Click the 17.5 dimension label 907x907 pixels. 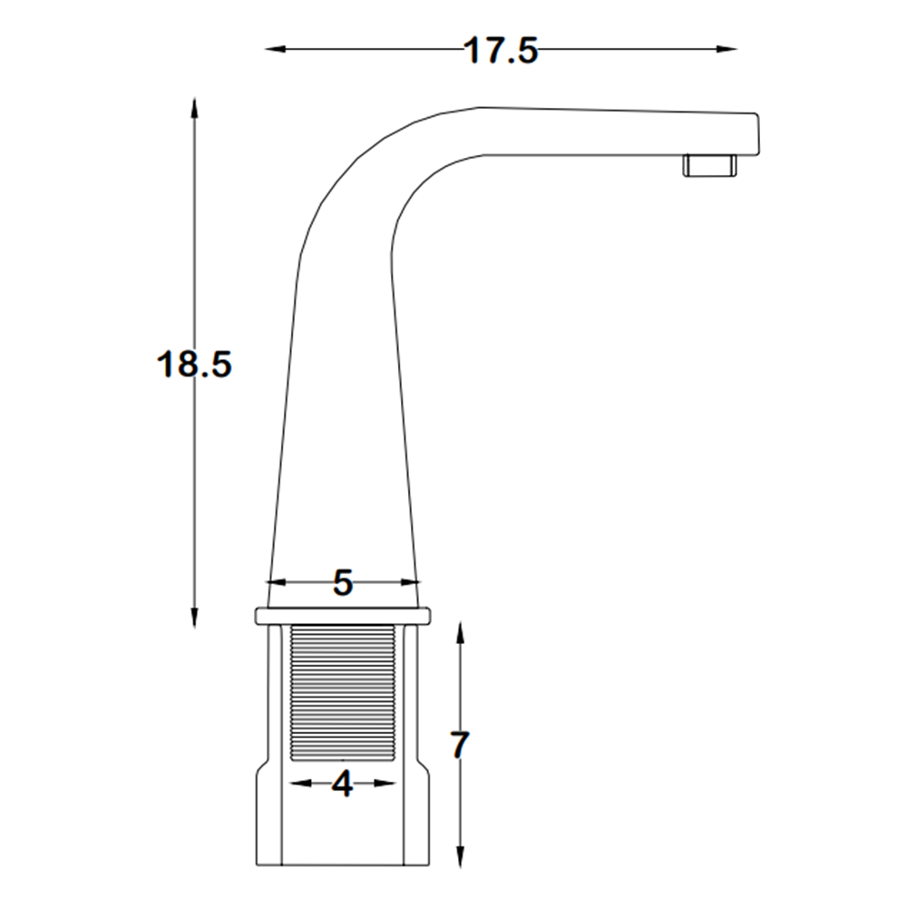[x=501, y=50]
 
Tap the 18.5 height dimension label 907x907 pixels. [x=194, y=365]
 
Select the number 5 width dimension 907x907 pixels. [x=343, y=582]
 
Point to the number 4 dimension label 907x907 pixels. [x=343, y=785]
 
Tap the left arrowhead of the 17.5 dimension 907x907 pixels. [x=276, y=49]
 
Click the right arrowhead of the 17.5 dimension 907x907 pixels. [x=727, y=49]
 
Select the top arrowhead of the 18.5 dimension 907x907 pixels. [x=194, y=108]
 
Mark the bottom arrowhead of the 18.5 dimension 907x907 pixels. [x=194, y=617]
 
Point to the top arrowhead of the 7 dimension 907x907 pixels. [x=461, y=633]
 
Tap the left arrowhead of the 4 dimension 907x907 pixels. [x=299, y=784]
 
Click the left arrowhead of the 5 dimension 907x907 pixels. [x=277, y=581]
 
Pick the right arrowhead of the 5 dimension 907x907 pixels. [x=409, y=581]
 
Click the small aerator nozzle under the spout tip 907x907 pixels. [x=710, y=165]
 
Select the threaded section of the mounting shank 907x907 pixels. [x=343, y=692]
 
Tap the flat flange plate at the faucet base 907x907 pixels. [x=343, y=616]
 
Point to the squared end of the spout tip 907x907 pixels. [x=749, y=134]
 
